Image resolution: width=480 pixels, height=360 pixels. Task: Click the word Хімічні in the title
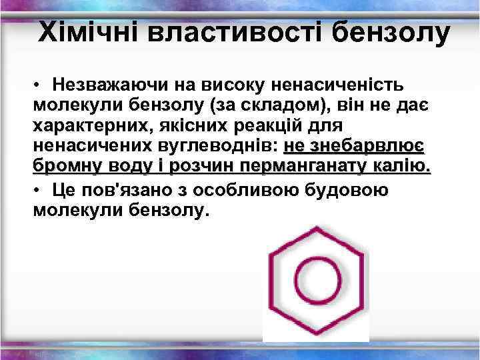click(89, 32)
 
